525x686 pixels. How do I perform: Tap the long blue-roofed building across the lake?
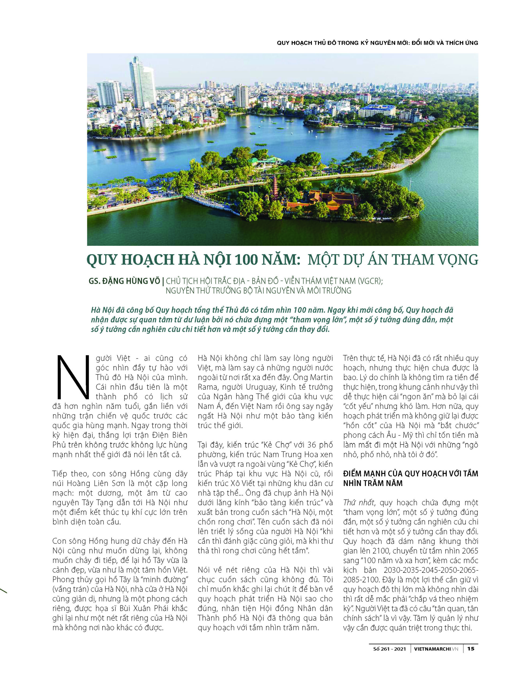(377, 110)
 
